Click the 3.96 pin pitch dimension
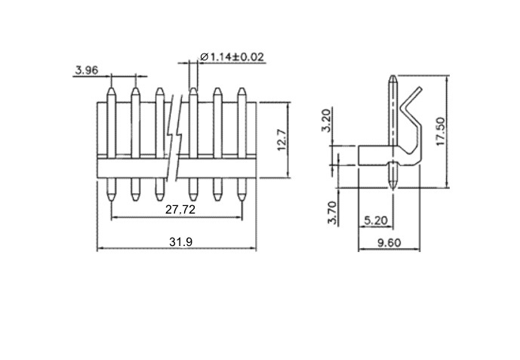tap(87, 70)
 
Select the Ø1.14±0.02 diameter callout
tap(232, 57)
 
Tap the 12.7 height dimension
tap(282, 140)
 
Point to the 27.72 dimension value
tap(180, 210)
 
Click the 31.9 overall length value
tap(180, 242)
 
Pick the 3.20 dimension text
tap(326, 120)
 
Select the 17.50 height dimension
tap(441, 131)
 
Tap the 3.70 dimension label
tap(332, 213)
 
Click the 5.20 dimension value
tap(376, 220)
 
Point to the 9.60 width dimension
tap(389, 243)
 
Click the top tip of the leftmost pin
tap(112, 88)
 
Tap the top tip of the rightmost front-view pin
tap(242, 88)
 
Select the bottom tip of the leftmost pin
tap(112, 201)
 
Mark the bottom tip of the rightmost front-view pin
tap(242, 201)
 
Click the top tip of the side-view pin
tap(392, 76)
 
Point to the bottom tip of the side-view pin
tap(392, 188)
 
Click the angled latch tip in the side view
tap(420, 88)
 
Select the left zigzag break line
tap(170, 138)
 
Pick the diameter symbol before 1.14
tap(204, 57)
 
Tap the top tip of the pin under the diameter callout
tap(193, 88)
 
